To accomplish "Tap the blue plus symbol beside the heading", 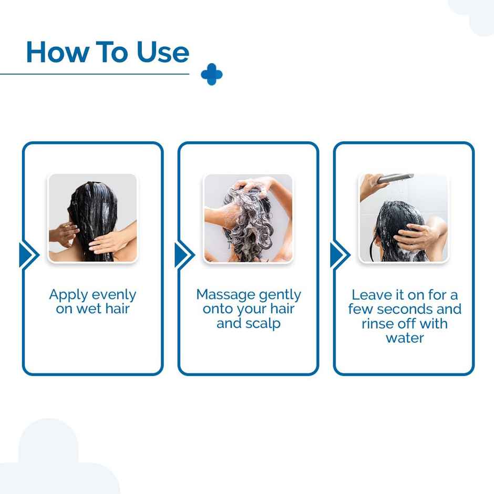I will [x=212, y=75].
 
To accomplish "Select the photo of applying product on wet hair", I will [x=93, y=218].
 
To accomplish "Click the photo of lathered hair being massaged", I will [x=248, y=218].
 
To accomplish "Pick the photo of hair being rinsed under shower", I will [x=404, y=218].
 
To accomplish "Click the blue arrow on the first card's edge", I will [x=27, y=255].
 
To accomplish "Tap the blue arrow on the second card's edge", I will [x=183, y=255].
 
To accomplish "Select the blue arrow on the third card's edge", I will [x=338, y=255].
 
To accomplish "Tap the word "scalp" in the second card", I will [x=264, y=324].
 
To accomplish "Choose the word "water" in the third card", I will [x=405, y=338].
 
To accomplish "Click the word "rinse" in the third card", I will [x=380, y=323].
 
